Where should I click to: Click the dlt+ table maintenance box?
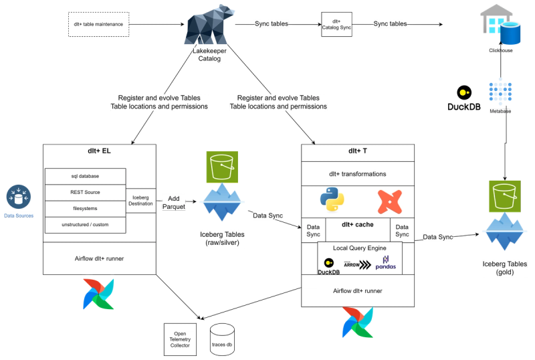click(x=98, y=24)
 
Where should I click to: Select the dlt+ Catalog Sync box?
click(x=336, y=24)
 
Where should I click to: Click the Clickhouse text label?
click(x=502, y=50)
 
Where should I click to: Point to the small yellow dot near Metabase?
click(x=461, y=92)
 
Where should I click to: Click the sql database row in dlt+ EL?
click(x=85, y=176)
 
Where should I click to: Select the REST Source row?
click(x=85, y=192)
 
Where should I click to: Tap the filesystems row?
click(x=85, y=209)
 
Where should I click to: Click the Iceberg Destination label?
click(x=140, y=199)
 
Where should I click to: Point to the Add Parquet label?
click(x=174, y=203)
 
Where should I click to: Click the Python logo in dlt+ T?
click(x=332, y=199)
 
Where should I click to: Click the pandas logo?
click(x=385, y=264)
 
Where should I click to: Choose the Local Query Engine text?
click(x=359, y=248)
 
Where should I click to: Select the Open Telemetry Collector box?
click(x=180, y=339)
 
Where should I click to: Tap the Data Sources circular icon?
click(x=18, y=197)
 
